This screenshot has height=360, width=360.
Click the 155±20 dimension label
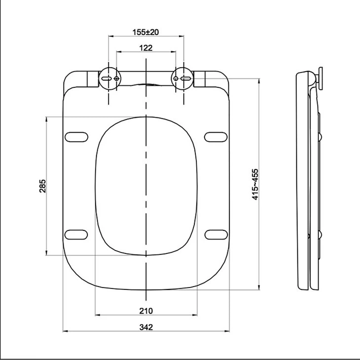click(145, 32)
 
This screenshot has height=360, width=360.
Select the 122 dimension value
click(145, 48)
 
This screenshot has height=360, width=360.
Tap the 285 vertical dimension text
click(43, 186)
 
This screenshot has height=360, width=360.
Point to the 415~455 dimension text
click(255, 183)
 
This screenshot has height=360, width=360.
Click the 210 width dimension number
click(146, 311)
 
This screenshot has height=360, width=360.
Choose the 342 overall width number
click(146, 327)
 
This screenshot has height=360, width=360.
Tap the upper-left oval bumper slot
click(76, 137)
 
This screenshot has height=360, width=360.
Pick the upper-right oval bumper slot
click(216, 137)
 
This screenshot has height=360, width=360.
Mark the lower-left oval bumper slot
click(76, 233)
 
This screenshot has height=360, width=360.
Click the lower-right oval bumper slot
click(216, 233)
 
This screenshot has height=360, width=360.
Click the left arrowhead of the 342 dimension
click(65, 330)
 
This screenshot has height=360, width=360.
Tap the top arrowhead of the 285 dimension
click(46, 119)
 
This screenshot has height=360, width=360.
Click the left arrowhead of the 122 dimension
click(118, 52)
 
